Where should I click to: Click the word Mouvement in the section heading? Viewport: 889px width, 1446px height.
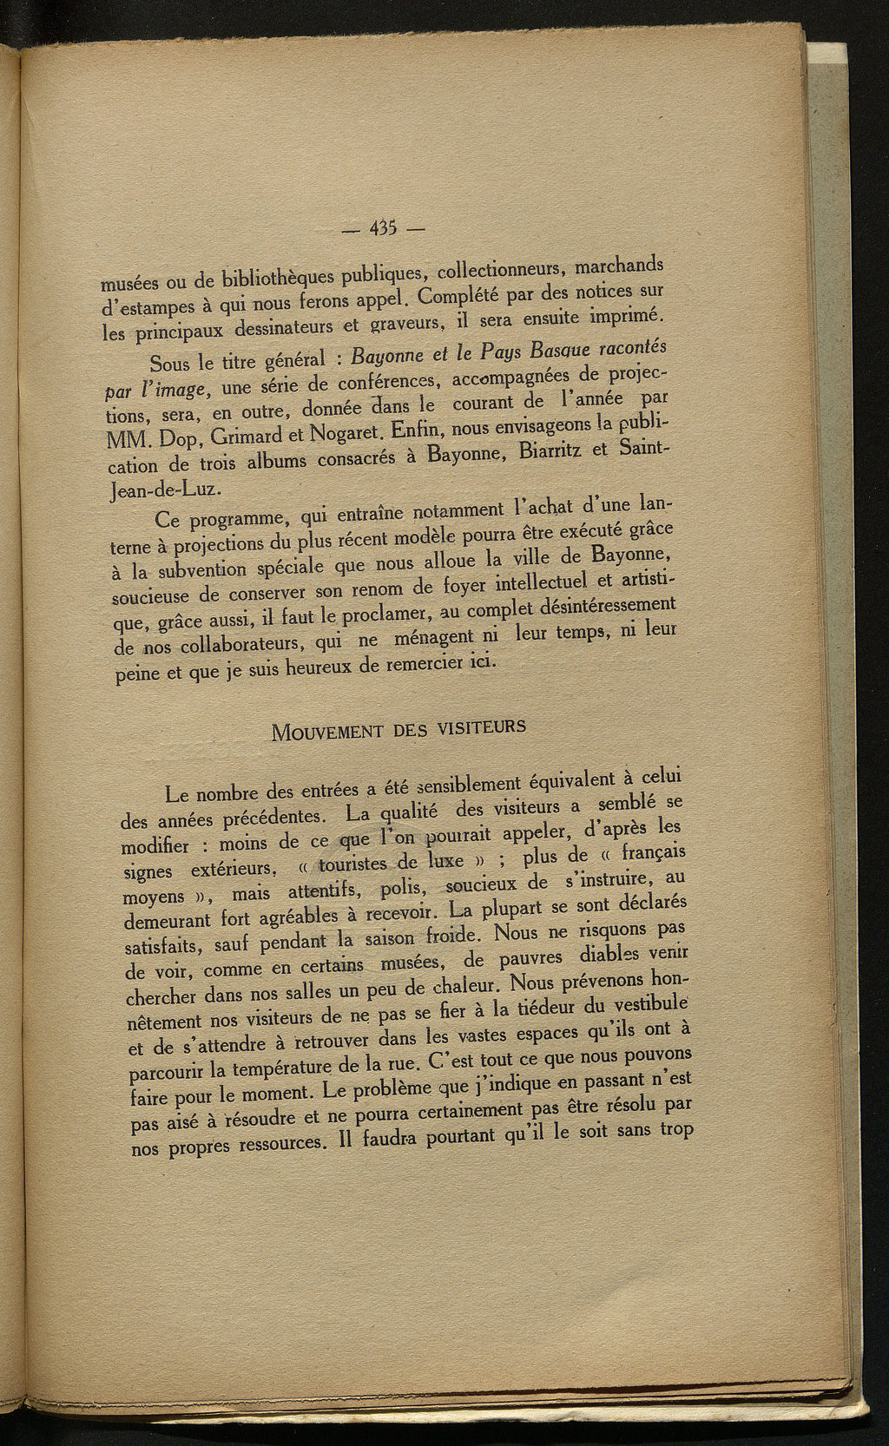click(x=327, y=730)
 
